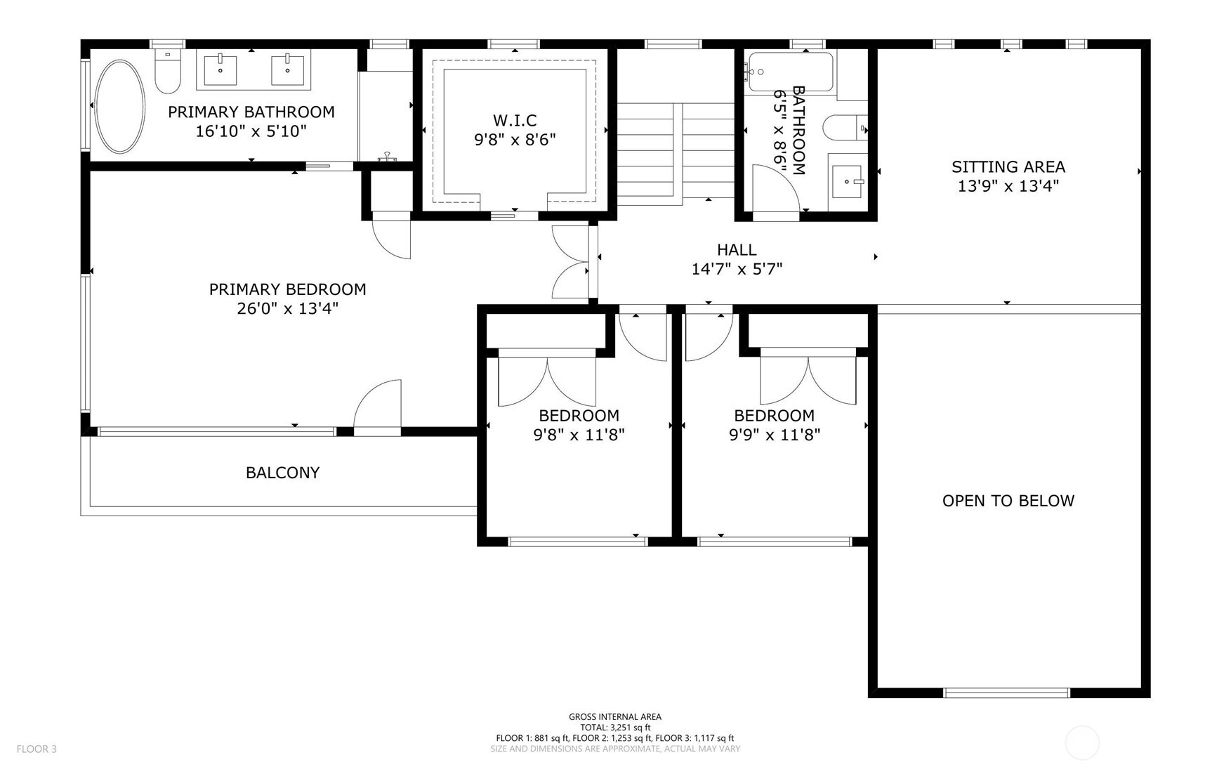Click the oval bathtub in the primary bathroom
(119, 106)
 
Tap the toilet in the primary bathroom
(169, 72)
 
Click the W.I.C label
(515, 120)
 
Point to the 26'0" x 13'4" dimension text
(287, 308)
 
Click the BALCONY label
(282, 473)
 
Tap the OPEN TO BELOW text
(1008, 501)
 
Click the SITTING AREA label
(1008, 166)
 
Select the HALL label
(737, 249)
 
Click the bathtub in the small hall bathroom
(791, 72)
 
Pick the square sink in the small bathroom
(848, 181)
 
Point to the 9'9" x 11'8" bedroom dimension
(774, 435)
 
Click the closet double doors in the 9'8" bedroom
(547, 381)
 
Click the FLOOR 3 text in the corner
(37, 749)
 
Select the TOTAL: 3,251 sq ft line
(614, 728)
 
